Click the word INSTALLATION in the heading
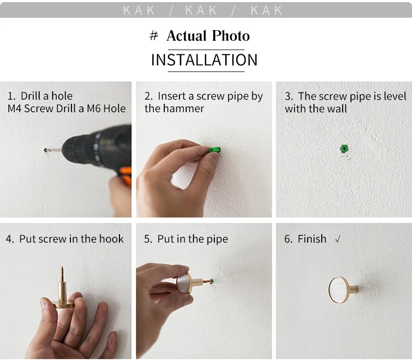click(204, 60)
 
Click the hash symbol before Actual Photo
click(154, 35)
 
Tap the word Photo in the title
click(231, 35)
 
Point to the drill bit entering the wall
click(53, 150)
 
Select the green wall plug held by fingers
click(215, 150)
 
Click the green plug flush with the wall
click(344, 149)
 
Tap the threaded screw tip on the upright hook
click(62, 273)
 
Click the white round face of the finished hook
click(338, 290)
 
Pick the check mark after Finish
click(338, 239)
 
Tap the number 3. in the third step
click(289, 97)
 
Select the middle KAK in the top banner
click(201, 10)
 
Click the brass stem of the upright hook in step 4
click(62, 291)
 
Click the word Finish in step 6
click(312, 239)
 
